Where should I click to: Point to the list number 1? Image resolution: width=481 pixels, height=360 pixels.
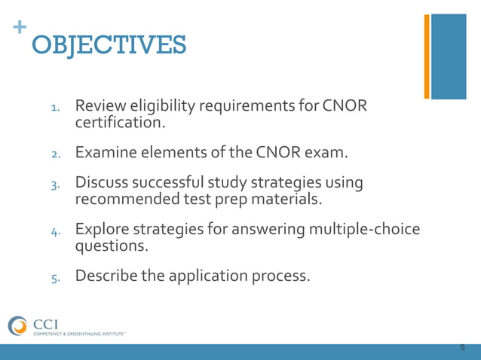tap(54, 108)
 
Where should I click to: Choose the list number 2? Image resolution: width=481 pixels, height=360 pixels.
tap(54, 154)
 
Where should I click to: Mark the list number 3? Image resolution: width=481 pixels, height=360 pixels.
tap(54, 185)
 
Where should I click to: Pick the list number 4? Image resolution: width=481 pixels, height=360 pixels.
tap(54, 231)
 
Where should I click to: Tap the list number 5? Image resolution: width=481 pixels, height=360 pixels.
tap(54, 277)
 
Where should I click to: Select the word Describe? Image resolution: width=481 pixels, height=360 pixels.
tap(106, 275)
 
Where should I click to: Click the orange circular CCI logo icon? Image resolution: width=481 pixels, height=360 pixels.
tap(17, 326)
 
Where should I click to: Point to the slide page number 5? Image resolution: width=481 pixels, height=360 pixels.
tap(462, 348)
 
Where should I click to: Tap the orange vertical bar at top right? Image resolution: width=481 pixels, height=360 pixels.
tap(427, 56)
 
